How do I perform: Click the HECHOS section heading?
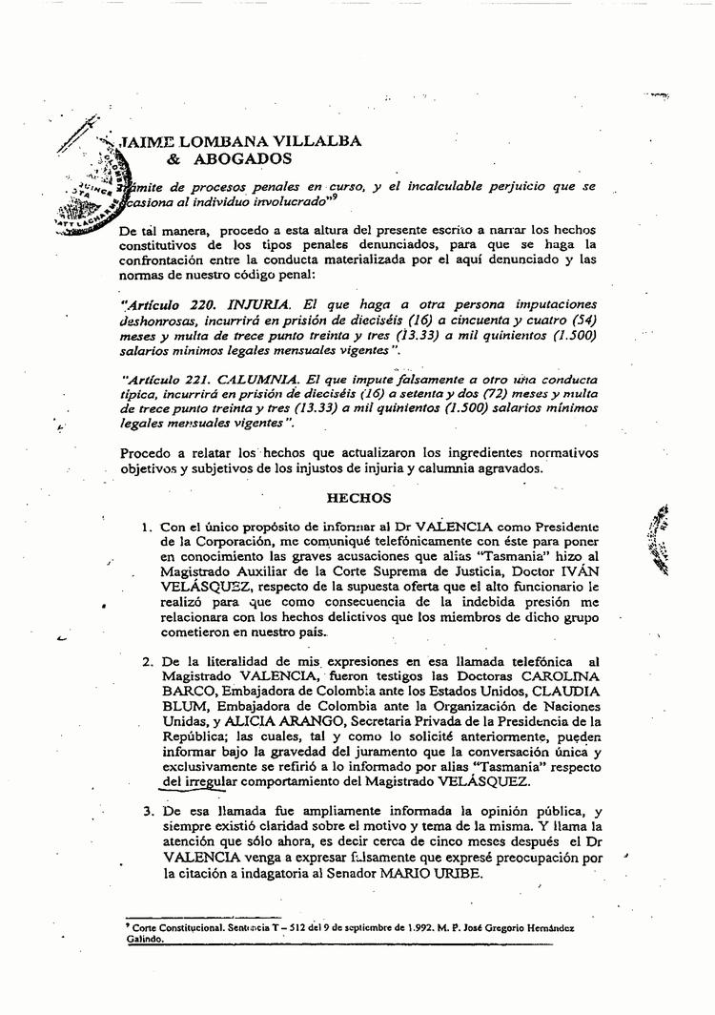click(358, 497)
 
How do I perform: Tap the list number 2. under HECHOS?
click(148, 662)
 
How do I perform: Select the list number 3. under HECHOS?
click(148, 811)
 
